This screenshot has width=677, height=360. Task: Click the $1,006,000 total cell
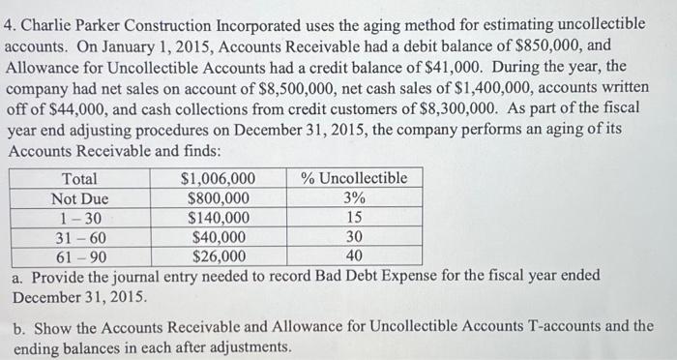coord(219,179)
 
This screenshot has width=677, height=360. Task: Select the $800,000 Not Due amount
coord(219,198)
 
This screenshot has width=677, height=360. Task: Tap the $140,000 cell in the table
coord(219,218)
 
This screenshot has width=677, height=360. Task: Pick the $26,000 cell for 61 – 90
coord(219,256)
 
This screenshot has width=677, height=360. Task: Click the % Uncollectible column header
coord(354,179)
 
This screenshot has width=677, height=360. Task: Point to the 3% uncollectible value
coord(354,198)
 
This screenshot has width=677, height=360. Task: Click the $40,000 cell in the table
coord(219,237)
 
